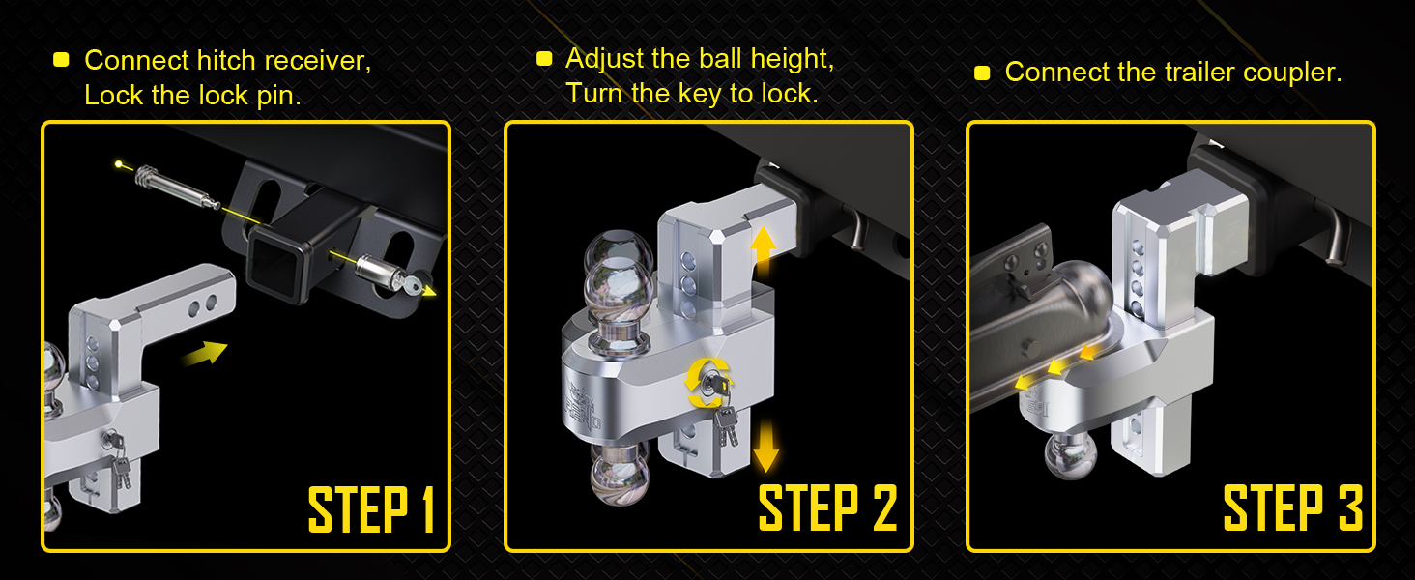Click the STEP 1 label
pyautogui.click(x=371, y=509)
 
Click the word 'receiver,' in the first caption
pyautogui.click(x=318, y=61)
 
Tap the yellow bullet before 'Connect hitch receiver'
pyautogui.click(x=61, y=59)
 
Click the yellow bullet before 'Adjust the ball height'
pyautogui.click(x=544, y=59)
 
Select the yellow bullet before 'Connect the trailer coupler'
pyautogui.click(x=982, y=72)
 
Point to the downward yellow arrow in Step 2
pyautogui.click(x=765, y=447)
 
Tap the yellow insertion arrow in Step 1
pyautogui.click(x=205, y=353)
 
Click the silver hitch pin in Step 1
pyautogui.click(x=178, y=187)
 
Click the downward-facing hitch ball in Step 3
pyautogui.click(x=1071, y=455)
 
